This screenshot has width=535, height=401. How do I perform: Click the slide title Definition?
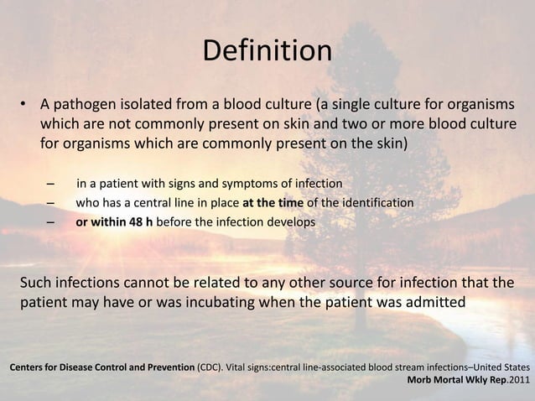(x=267, y=50)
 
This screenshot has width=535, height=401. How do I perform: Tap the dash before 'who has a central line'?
(x=52, y=203)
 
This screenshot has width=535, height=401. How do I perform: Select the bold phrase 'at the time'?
(x=272, y=203)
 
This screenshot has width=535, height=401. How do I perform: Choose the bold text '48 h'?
(x=137, y=222)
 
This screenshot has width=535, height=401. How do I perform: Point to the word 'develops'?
(x=291, y=222)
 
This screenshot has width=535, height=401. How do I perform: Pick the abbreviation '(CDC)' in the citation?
(x=211, y=367)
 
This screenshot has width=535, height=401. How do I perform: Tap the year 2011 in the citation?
(x=519, y=381)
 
